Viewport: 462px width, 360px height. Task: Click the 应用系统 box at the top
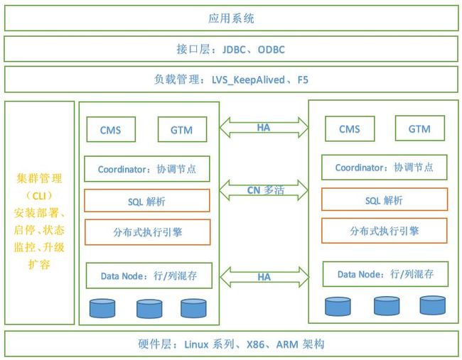pos(231,18)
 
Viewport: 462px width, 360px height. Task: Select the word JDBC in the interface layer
pos(234,50)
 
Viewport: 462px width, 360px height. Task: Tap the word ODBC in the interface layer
pos(272,50)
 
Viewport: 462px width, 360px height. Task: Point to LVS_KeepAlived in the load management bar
pos(248,80)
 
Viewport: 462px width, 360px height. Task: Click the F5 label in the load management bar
pos(303,80)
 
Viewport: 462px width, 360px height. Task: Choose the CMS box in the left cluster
pos(111,129)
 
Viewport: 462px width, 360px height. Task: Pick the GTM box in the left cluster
pos(183,129)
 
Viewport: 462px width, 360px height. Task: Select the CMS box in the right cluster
pos(350,129)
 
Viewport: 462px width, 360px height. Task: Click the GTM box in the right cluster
pos(420,128)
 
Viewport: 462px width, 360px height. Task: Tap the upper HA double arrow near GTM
pos(264,128)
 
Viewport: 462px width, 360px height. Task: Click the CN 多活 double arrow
pos(264,190)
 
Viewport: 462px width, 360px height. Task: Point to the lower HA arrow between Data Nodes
pos(264,277)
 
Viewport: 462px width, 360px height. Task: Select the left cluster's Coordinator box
pos(147,169)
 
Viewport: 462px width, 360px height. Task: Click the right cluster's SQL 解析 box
pos(385,200)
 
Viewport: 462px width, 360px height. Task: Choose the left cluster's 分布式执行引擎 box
pos(148,232)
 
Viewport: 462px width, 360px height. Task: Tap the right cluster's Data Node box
pos(386,274)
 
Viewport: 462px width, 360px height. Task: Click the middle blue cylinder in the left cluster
pos(149,309)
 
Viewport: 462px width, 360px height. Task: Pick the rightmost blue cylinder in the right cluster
pos(433,305)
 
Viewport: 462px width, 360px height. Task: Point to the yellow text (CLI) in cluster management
pos(39,195)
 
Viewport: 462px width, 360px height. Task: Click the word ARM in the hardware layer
pos(287,344)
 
